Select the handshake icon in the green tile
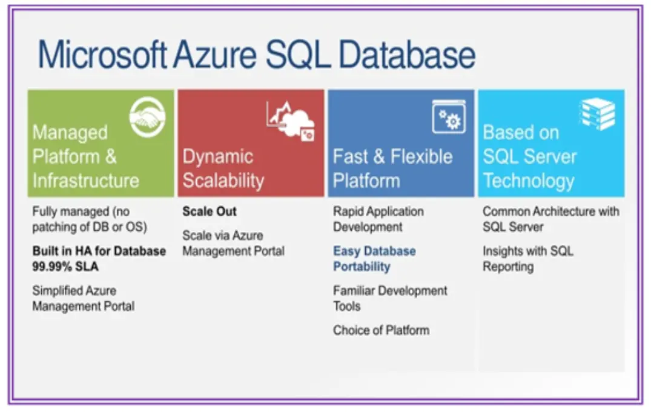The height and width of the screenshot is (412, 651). click(148, 118)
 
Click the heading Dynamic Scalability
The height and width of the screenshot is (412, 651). click(223, 168)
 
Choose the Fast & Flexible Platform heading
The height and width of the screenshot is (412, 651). click(392, 168)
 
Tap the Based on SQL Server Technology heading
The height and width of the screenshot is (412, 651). click(529, 156)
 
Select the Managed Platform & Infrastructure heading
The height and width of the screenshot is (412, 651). click(85, 156)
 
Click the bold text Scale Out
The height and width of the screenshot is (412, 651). click(210, 211)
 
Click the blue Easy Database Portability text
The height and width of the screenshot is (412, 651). click(374, 259)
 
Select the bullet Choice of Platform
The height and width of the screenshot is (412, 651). click(381, 330)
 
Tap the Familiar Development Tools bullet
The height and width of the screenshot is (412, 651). click(390, 298)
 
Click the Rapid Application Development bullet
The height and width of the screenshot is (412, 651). click(378, 219)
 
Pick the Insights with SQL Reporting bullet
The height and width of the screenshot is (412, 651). click(527, 259)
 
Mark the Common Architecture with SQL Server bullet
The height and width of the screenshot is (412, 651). click(550, 219)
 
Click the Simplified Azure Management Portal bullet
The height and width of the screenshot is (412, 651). click(84, 298)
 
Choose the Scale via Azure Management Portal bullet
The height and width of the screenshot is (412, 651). click(233, 243)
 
